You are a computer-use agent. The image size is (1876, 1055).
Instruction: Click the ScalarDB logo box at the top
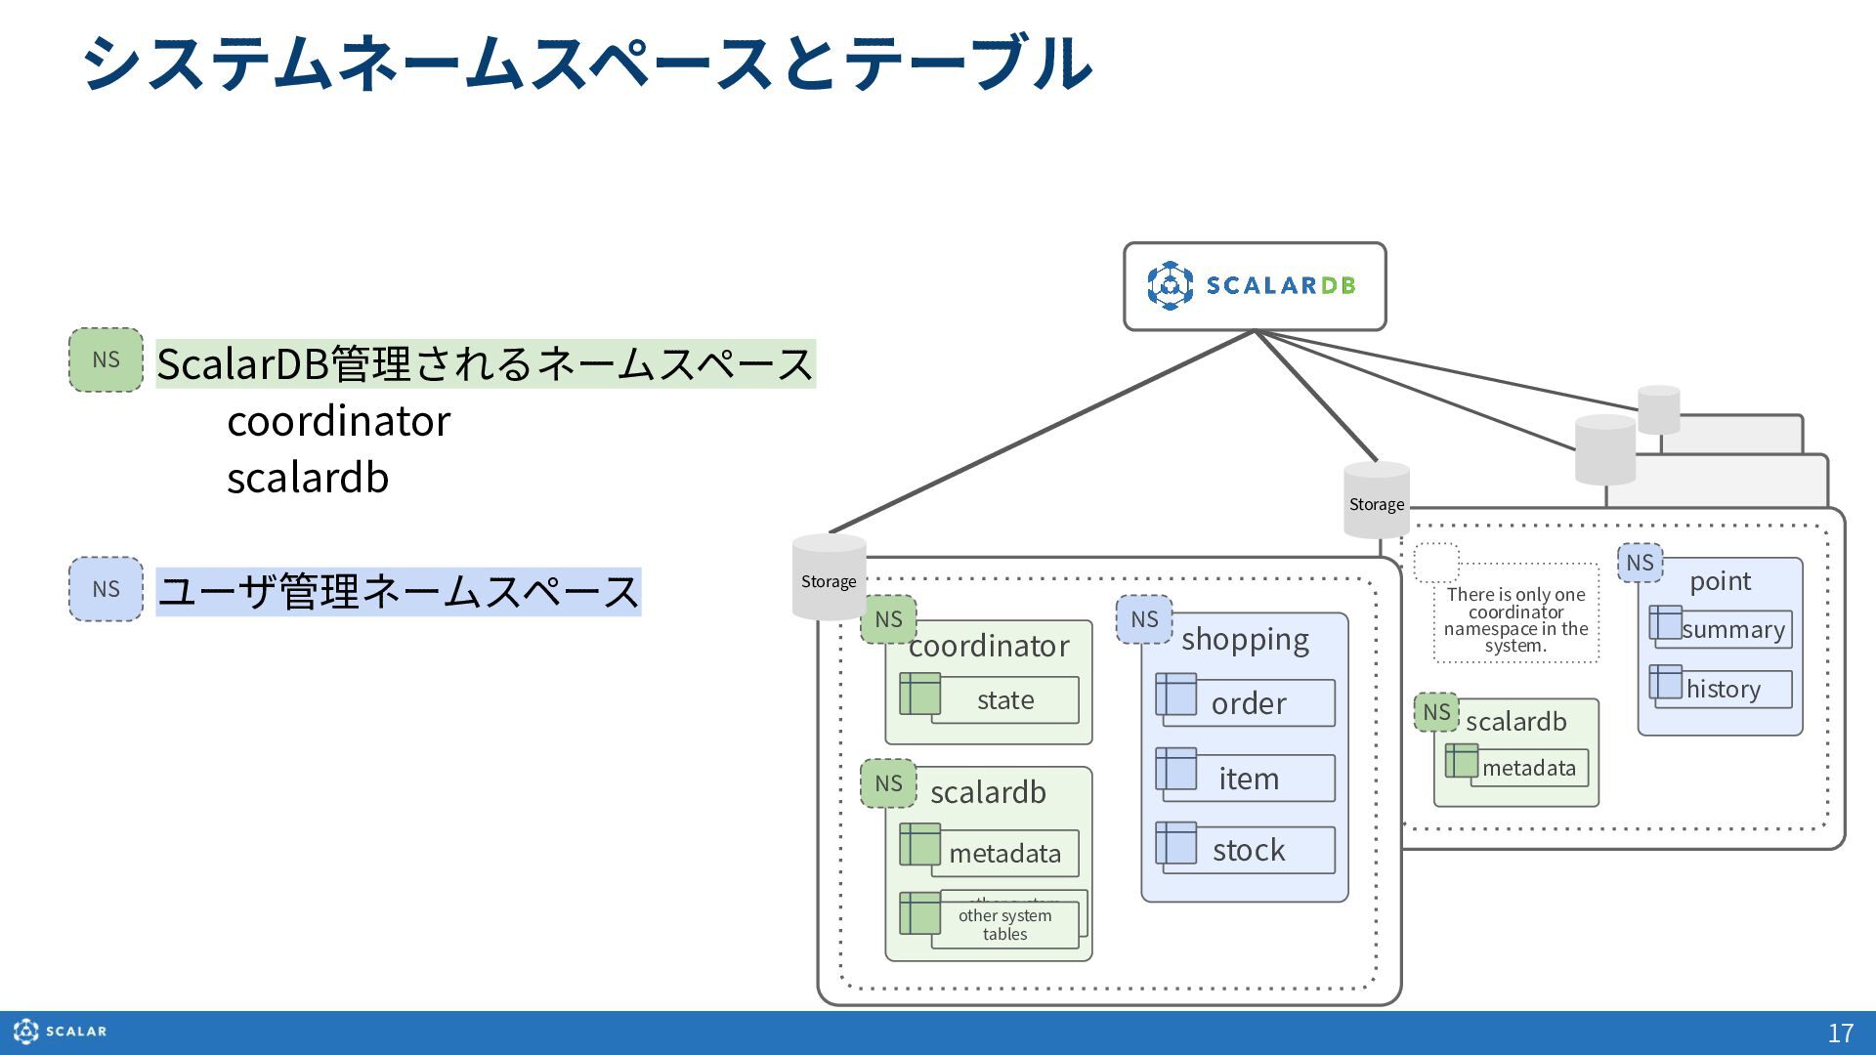tap(1255, 286)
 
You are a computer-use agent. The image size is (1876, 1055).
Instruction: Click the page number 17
tap(1841, 1033)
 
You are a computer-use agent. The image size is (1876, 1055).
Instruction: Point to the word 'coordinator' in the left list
tap(339, 421)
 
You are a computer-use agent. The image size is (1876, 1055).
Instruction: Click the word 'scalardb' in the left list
tap(308, 478)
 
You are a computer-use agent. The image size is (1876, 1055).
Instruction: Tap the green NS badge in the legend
tap(106, 359)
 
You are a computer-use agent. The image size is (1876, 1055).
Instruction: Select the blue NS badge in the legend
tap(106, 589)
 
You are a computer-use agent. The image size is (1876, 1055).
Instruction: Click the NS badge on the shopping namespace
tap(1144, 619)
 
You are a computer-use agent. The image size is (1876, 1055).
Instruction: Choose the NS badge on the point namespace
tap(1640, 563)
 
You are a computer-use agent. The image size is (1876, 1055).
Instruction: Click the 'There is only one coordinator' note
tap(1516, 619)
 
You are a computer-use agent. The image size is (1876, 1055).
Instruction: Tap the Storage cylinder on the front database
tap(829, 577)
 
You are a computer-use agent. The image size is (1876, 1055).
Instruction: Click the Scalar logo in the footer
tap(60, 1032)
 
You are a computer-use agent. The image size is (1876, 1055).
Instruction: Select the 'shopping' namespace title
tap(1245, 639)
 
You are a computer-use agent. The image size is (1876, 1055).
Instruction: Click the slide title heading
tap(587, 63)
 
